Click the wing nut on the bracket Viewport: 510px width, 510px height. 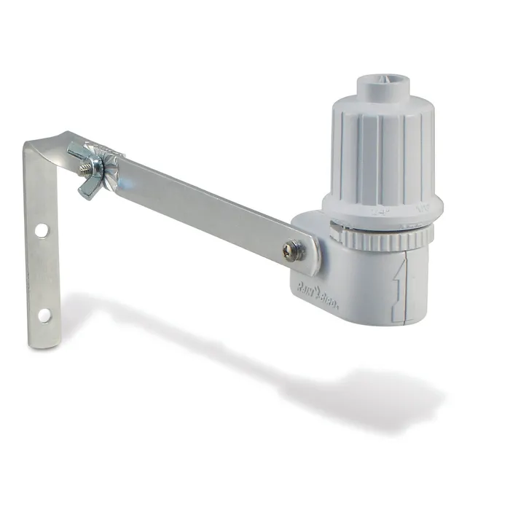[93, 175]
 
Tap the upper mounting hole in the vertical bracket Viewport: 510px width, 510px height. [41, 229]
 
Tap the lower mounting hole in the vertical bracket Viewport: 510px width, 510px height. [44, 315]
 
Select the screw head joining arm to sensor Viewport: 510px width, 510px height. [290, 251]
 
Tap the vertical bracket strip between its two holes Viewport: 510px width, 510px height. [42, 273]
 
